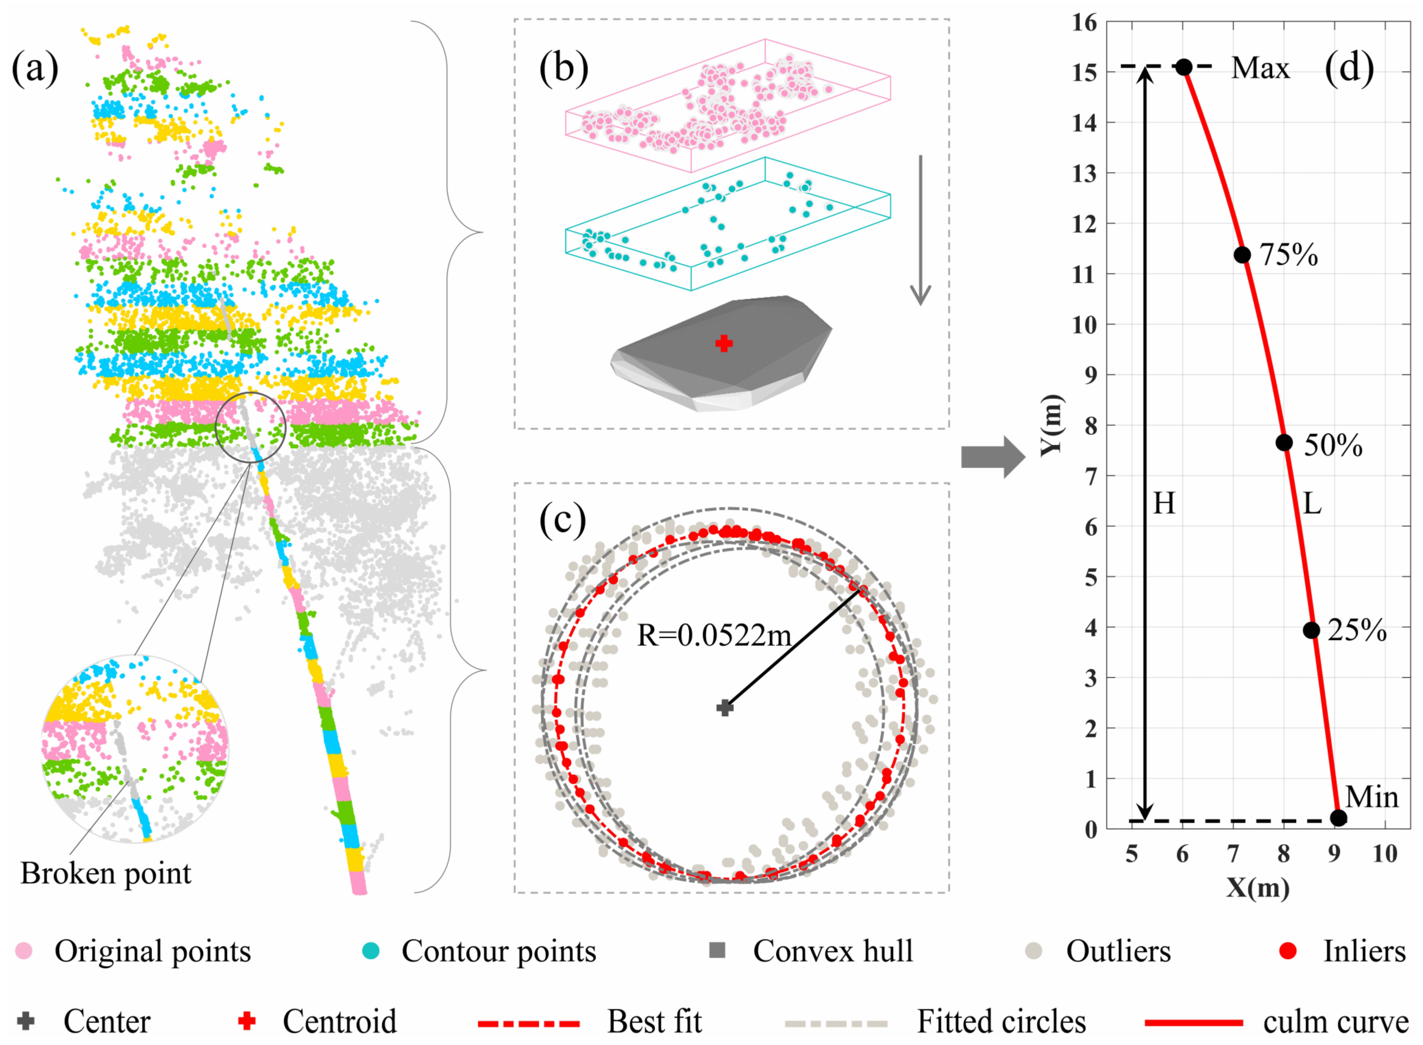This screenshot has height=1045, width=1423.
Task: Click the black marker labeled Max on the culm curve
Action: click(1184, 67)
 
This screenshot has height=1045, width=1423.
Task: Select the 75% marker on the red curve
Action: click(1242, 255)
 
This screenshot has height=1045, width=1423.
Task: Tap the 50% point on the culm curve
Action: click(1284, 443)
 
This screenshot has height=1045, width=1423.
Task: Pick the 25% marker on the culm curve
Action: click(1312, 630)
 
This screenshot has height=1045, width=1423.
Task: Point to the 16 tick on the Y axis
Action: click(1085, 23)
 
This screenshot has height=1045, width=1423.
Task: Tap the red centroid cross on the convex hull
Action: click(724, 344)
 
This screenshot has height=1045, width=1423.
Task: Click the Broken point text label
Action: click(106, 874)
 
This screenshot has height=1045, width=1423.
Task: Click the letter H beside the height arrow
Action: click(1164, 504)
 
